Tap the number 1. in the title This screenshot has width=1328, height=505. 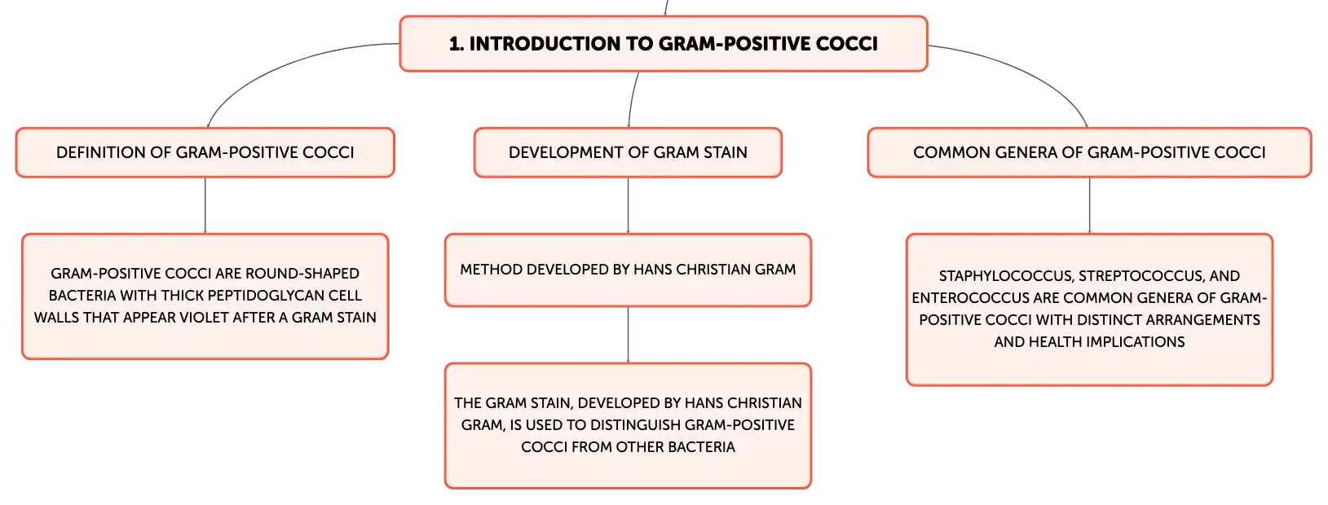pos(456,44)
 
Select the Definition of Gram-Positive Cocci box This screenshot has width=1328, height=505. pos(205,152)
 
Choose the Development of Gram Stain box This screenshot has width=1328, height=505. pos(628,152)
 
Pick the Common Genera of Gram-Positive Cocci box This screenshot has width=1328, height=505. pos(1089,152)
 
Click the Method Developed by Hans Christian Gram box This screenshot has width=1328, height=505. pos(628,270)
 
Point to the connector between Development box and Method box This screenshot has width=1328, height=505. pos(628,205)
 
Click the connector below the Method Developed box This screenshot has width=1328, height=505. pos(628,335)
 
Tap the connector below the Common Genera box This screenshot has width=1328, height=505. pos(1089,205)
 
